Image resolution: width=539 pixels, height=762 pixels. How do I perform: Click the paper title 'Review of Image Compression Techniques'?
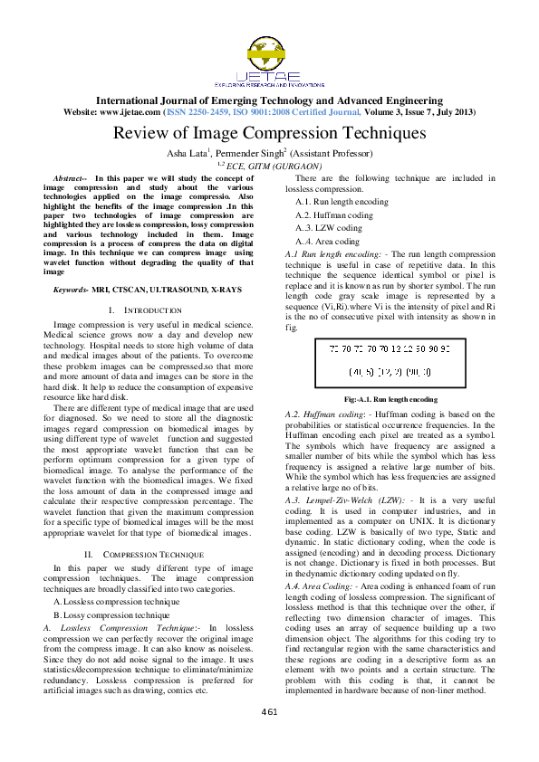269,133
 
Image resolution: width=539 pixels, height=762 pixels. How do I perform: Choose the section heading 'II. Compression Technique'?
145,553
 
